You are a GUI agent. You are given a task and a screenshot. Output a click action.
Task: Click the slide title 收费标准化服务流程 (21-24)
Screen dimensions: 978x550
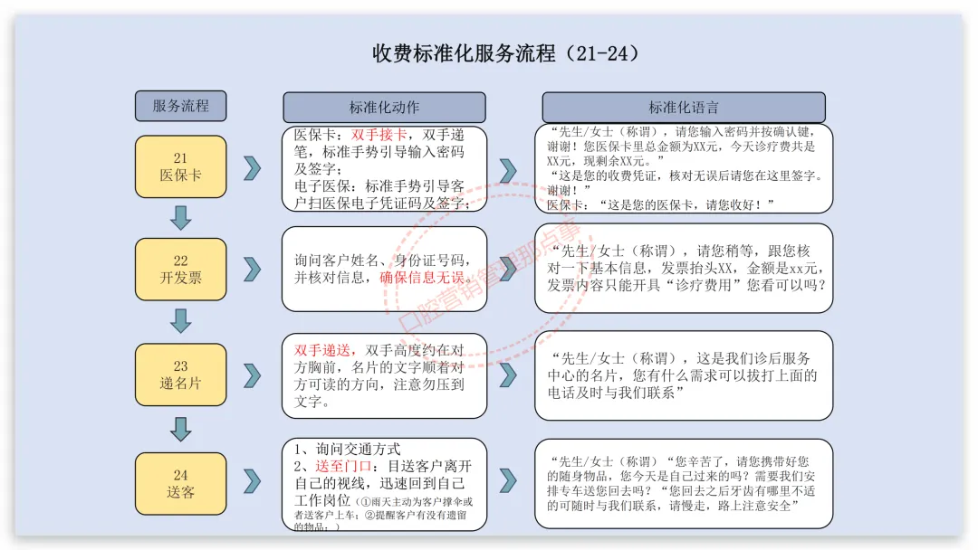pyautogui.click(x=506, y=53)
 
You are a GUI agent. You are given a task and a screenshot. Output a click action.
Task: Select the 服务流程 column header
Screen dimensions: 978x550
pyautogui.click(x=180, y=106)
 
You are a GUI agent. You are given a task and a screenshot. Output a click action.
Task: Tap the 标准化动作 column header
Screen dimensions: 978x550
pyautogui.click(x=384, y=107)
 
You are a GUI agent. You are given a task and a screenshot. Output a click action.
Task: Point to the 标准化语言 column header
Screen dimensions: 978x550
pyautogui.click(x=683, y=107)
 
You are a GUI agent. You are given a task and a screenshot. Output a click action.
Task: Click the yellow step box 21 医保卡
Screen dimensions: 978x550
pyautogui.click(x=180, y=166)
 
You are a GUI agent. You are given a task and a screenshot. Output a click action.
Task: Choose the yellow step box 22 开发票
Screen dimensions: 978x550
pyautogui.click(x=180, y=270)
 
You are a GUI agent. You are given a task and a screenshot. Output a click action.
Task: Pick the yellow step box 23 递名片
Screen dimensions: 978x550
pyautogui.click(x=180, y=375)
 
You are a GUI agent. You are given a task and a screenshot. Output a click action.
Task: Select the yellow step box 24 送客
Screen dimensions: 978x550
pyautogui.click(x=180, y=483)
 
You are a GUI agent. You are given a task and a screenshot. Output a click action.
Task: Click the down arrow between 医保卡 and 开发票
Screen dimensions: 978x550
pyautogui.click(x=181, y=217)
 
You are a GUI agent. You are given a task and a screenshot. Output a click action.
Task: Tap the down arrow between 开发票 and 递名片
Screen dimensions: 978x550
pyautogui.click(x=181, y=321)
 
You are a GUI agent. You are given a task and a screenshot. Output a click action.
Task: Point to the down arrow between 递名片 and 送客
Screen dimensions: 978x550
pyautogui.click(x=181, y=428)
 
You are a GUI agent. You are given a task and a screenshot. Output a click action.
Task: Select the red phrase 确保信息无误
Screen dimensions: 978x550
pyautogui.click(x=421, y=277)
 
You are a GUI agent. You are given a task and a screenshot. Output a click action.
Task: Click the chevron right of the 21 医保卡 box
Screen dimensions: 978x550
pyautogui.click(x=253, y=167)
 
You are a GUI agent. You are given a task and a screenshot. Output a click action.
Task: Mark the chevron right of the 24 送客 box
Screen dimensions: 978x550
pyautogui.click(x=253, y=480)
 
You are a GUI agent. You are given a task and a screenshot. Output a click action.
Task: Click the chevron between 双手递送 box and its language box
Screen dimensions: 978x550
pyautogui.click(x=508, y=375)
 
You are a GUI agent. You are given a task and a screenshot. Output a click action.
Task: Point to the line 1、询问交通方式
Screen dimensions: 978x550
pyautogui.click(x=348, y=449)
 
